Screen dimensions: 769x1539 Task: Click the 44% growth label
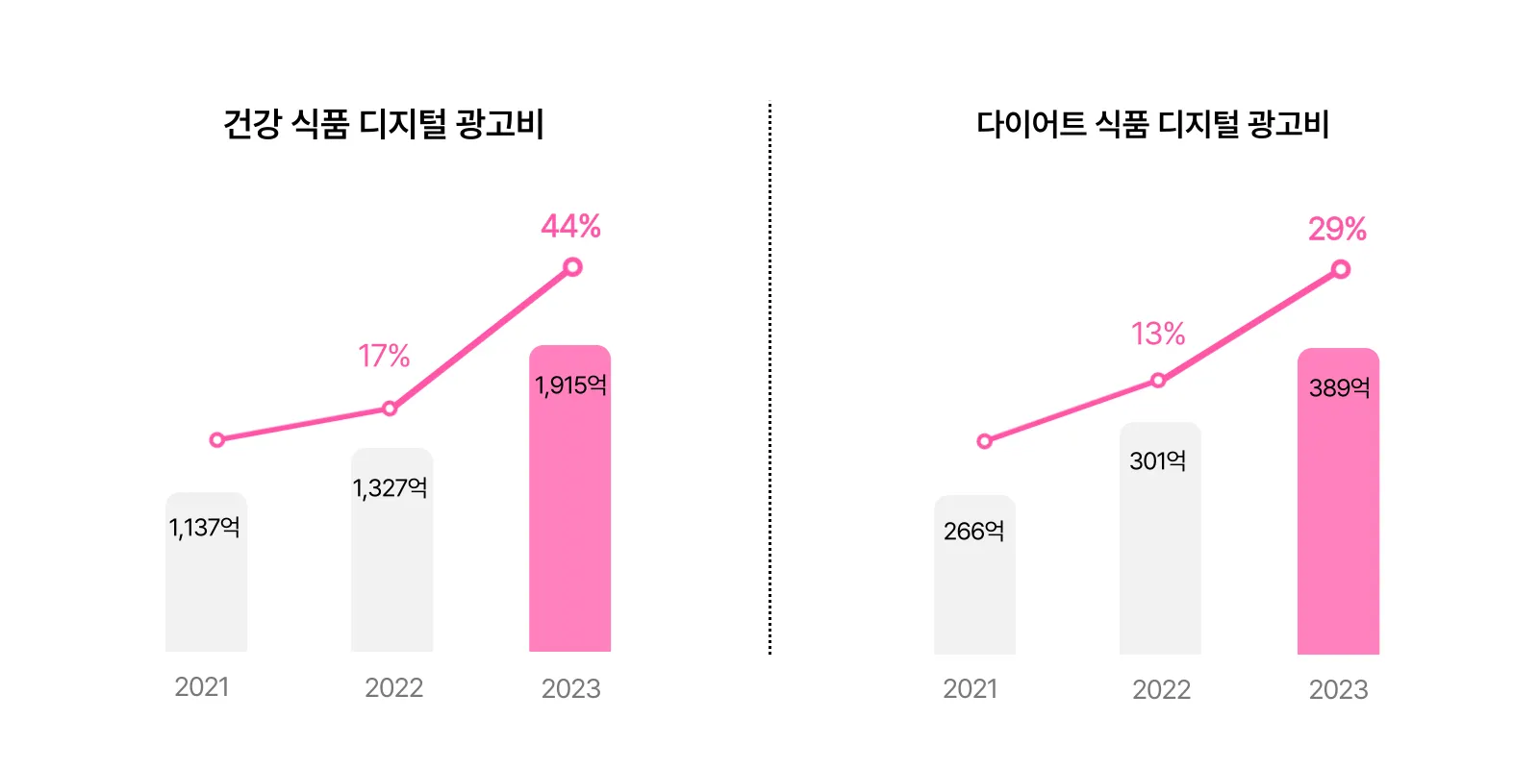[x=570, y=227]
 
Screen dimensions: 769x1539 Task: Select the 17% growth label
[x=384, y=357]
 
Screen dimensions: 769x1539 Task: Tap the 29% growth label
[x=1337, y=229]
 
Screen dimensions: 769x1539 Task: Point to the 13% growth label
[x=1158, y=335]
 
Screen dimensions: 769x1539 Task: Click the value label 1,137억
[x=204, y=528]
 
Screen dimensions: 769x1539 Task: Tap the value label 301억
[x=1158, y=461]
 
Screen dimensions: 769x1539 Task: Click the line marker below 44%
[x=572, y=267]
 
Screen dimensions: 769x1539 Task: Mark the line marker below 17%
[x=390, y=409]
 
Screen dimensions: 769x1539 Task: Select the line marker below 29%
[x=1341, y=270]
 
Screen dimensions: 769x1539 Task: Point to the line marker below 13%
[x=1158, y=381]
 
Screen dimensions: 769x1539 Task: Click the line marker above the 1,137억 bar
[x=217, y=440]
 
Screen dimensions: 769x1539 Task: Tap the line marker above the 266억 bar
[x=984, y=441]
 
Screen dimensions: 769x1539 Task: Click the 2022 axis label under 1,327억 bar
[x=393, y=688]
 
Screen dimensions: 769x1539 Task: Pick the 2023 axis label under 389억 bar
[x=1338, y=690]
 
